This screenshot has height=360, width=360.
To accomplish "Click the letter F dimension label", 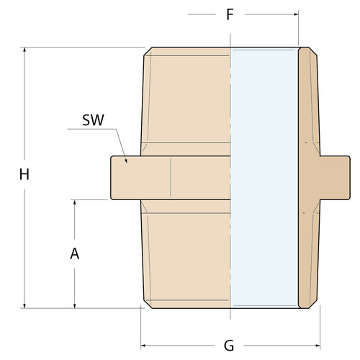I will pos(230,14).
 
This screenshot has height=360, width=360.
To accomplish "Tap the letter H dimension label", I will pos(24,174).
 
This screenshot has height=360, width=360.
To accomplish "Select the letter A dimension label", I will pos(74,253).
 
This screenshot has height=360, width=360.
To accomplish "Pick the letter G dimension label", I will pos(229,346).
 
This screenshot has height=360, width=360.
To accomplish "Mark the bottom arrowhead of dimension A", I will pos(74,304).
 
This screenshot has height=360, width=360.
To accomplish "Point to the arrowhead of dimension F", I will pos(294,14).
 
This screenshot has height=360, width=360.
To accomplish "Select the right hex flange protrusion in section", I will pos(335,177).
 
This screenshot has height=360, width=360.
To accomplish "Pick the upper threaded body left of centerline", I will pos(186,101).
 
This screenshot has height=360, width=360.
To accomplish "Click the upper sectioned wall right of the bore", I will pos(307,101).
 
